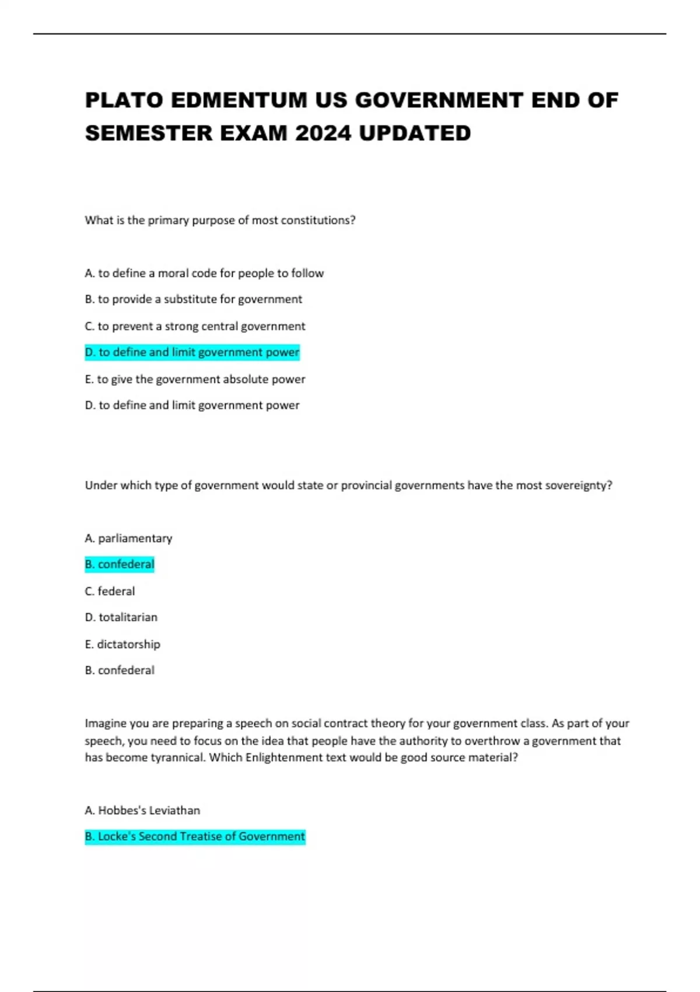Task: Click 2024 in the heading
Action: point(323,134)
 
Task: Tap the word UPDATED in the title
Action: point(415,134)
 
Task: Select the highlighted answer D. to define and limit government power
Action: point(192,352)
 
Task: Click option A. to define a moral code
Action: point(204,273)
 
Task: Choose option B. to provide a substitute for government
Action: point(193,299)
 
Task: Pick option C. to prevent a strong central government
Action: point(195,326)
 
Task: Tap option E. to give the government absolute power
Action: point(195,379)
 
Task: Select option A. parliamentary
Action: point(128,538)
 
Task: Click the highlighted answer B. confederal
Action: point(120,564)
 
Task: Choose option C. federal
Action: point(110,591)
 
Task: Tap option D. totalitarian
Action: point(121,617)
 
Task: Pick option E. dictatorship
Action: point(123,644)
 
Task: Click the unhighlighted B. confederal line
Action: point(120,670)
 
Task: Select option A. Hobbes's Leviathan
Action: point(142,811)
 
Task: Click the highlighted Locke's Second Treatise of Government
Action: point(195,837)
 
